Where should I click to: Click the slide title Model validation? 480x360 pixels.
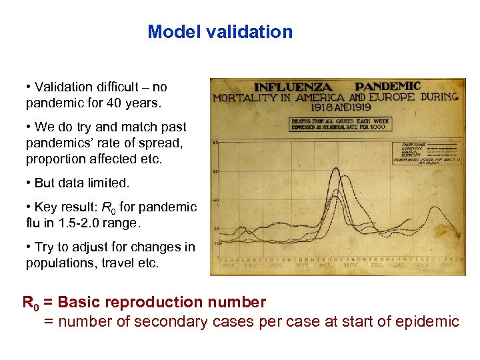pos(220,32)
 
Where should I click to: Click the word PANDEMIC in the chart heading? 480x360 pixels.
pos(387,87)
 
